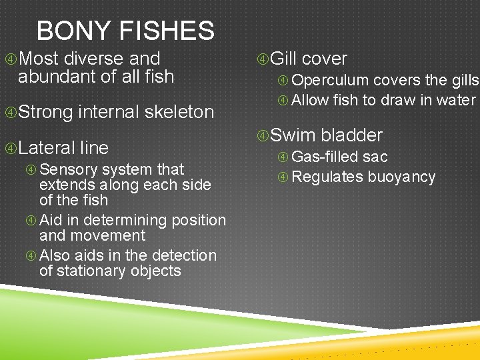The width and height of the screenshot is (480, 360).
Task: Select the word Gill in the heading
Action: [x=283, y=59]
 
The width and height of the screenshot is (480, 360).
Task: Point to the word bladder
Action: [x=352, y=135]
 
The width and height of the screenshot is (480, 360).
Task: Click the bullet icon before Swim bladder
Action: [x=263, y=136]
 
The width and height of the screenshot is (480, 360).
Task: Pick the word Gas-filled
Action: [x=325, y=157]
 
